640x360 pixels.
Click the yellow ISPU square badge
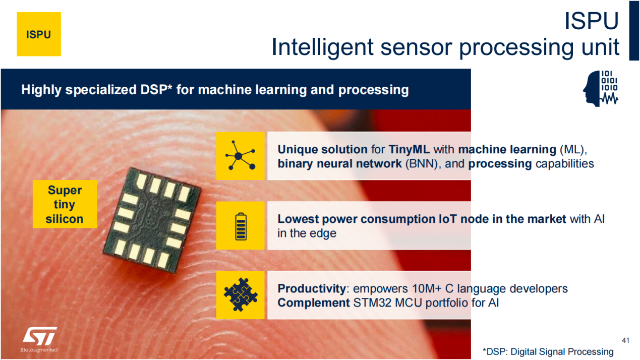pos(38,34)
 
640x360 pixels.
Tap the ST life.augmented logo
pos(39,339)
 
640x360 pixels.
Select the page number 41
pos(625,340)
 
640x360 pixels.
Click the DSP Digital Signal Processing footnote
pos(548,351)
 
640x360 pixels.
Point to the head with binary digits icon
pos(600,89)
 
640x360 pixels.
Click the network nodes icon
pos(240,156)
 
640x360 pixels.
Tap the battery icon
pos(240,226)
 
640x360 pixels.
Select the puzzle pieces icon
pos(240,295)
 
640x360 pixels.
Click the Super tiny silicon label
pos(65,204)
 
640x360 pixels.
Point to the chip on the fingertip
pos(152,220)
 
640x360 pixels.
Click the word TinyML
pos(409,149)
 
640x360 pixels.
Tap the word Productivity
pos(312,288)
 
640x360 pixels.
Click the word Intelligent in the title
pos(322,47)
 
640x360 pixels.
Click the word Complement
pos(314,303)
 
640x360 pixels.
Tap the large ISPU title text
pos(592,21)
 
